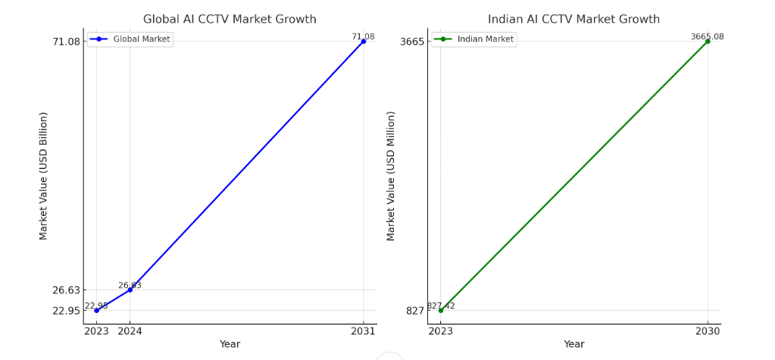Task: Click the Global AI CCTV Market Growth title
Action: click(230, 19)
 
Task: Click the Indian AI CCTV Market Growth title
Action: click(573, 19)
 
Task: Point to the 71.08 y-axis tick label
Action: click(66, 41)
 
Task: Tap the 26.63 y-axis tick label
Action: click(66, 290)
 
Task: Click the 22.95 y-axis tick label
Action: click(66, 310)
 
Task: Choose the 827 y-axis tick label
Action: click(415, 310)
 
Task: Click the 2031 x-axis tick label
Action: click(364, 330)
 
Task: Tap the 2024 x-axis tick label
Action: click(130, 330)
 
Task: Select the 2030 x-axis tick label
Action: click(708, 330)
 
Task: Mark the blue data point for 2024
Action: click(130, 290)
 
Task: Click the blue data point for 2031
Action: click(364, 41)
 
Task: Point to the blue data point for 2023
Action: click(96, 310)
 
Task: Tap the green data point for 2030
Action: click(708, 41)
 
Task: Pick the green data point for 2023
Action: click(440, 310)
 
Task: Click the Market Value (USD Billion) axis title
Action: click(44, 176)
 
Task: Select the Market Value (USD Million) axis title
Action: click(391, 176)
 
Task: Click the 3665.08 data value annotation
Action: click(707, 36)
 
